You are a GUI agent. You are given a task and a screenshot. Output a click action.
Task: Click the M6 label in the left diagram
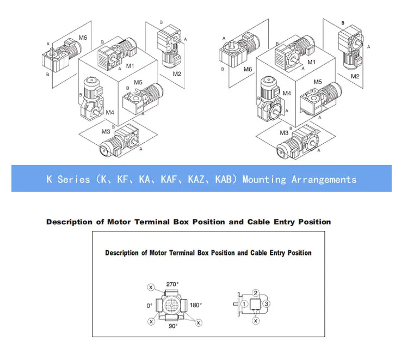pos(83,38)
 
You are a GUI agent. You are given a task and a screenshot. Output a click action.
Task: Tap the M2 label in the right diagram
pos(355,76)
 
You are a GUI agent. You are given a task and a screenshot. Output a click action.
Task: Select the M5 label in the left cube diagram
pos(138,83)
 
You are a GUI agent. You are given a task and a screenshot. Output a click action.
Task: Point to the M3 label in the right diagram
pos(284,133)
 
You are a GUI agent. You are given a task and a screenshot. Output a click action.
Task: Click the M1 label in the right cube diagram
pos(311,62)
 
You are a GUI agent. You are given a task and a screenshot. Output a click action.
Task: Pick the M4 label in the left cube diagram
pos(110,113)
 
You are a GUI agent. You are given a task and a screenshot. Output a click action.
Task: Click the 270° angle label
pos(172,284)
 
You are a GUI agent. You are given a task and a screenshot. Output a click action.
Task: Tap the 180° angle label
pos(196,305)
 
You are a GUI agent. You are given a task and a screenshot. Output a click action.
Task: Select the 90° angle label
pos(173,326)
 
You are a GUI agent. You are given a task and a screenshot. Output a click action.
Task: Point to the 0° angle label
pos(150,306)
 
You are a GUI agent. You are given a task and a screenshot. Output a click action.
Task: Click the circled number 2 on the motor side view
pos(256,293)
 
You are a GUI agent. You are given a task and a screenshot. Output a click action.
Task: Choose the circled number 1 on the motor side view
pos(244,304)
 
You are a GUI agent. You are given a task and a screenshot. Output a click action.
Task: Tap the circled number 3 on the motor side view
pos(267,304)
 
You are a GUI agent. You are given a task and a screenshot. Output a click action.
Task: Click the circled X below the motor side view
pos(256,321)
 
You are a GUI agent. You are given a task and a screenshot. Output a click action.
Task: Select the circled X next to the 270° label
pos(151,288)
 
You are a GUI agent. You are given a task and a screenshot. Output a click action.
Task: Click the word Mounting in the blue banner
pos(264,180)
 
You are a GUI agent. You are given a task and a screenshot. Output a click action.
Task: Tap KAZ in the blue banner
pos(196,179)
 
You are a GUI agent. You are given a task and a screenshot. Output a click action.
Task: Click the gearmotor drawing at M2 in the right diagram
pos(350,46)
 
